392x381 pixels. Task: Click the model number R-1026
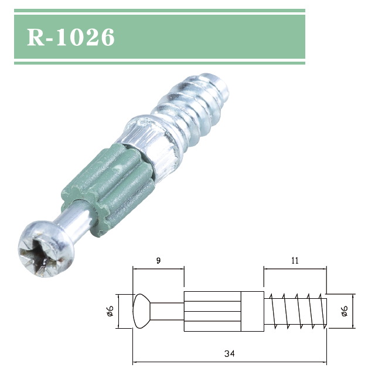(71, 36)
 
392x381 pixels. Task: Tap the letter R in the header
(35, 36)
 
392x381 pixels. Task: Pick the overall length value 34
(229, 353)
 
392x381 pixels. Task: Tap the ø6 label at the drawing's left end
(110, 311)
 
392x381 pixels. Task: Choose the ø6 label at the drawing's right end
(344, 311)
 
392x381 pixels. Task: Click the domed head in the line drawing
(141, 311)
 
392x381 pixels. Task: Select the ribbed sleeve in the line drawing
(212, 311)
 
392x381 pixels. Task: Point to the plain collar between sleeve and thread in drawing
(253, 311)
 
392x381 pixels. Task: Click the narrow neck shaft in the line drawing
(167, 311)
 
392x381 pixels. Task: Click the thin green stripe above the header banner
(159, 11)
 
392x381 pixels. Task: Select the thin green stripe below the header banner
(159, 62)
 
